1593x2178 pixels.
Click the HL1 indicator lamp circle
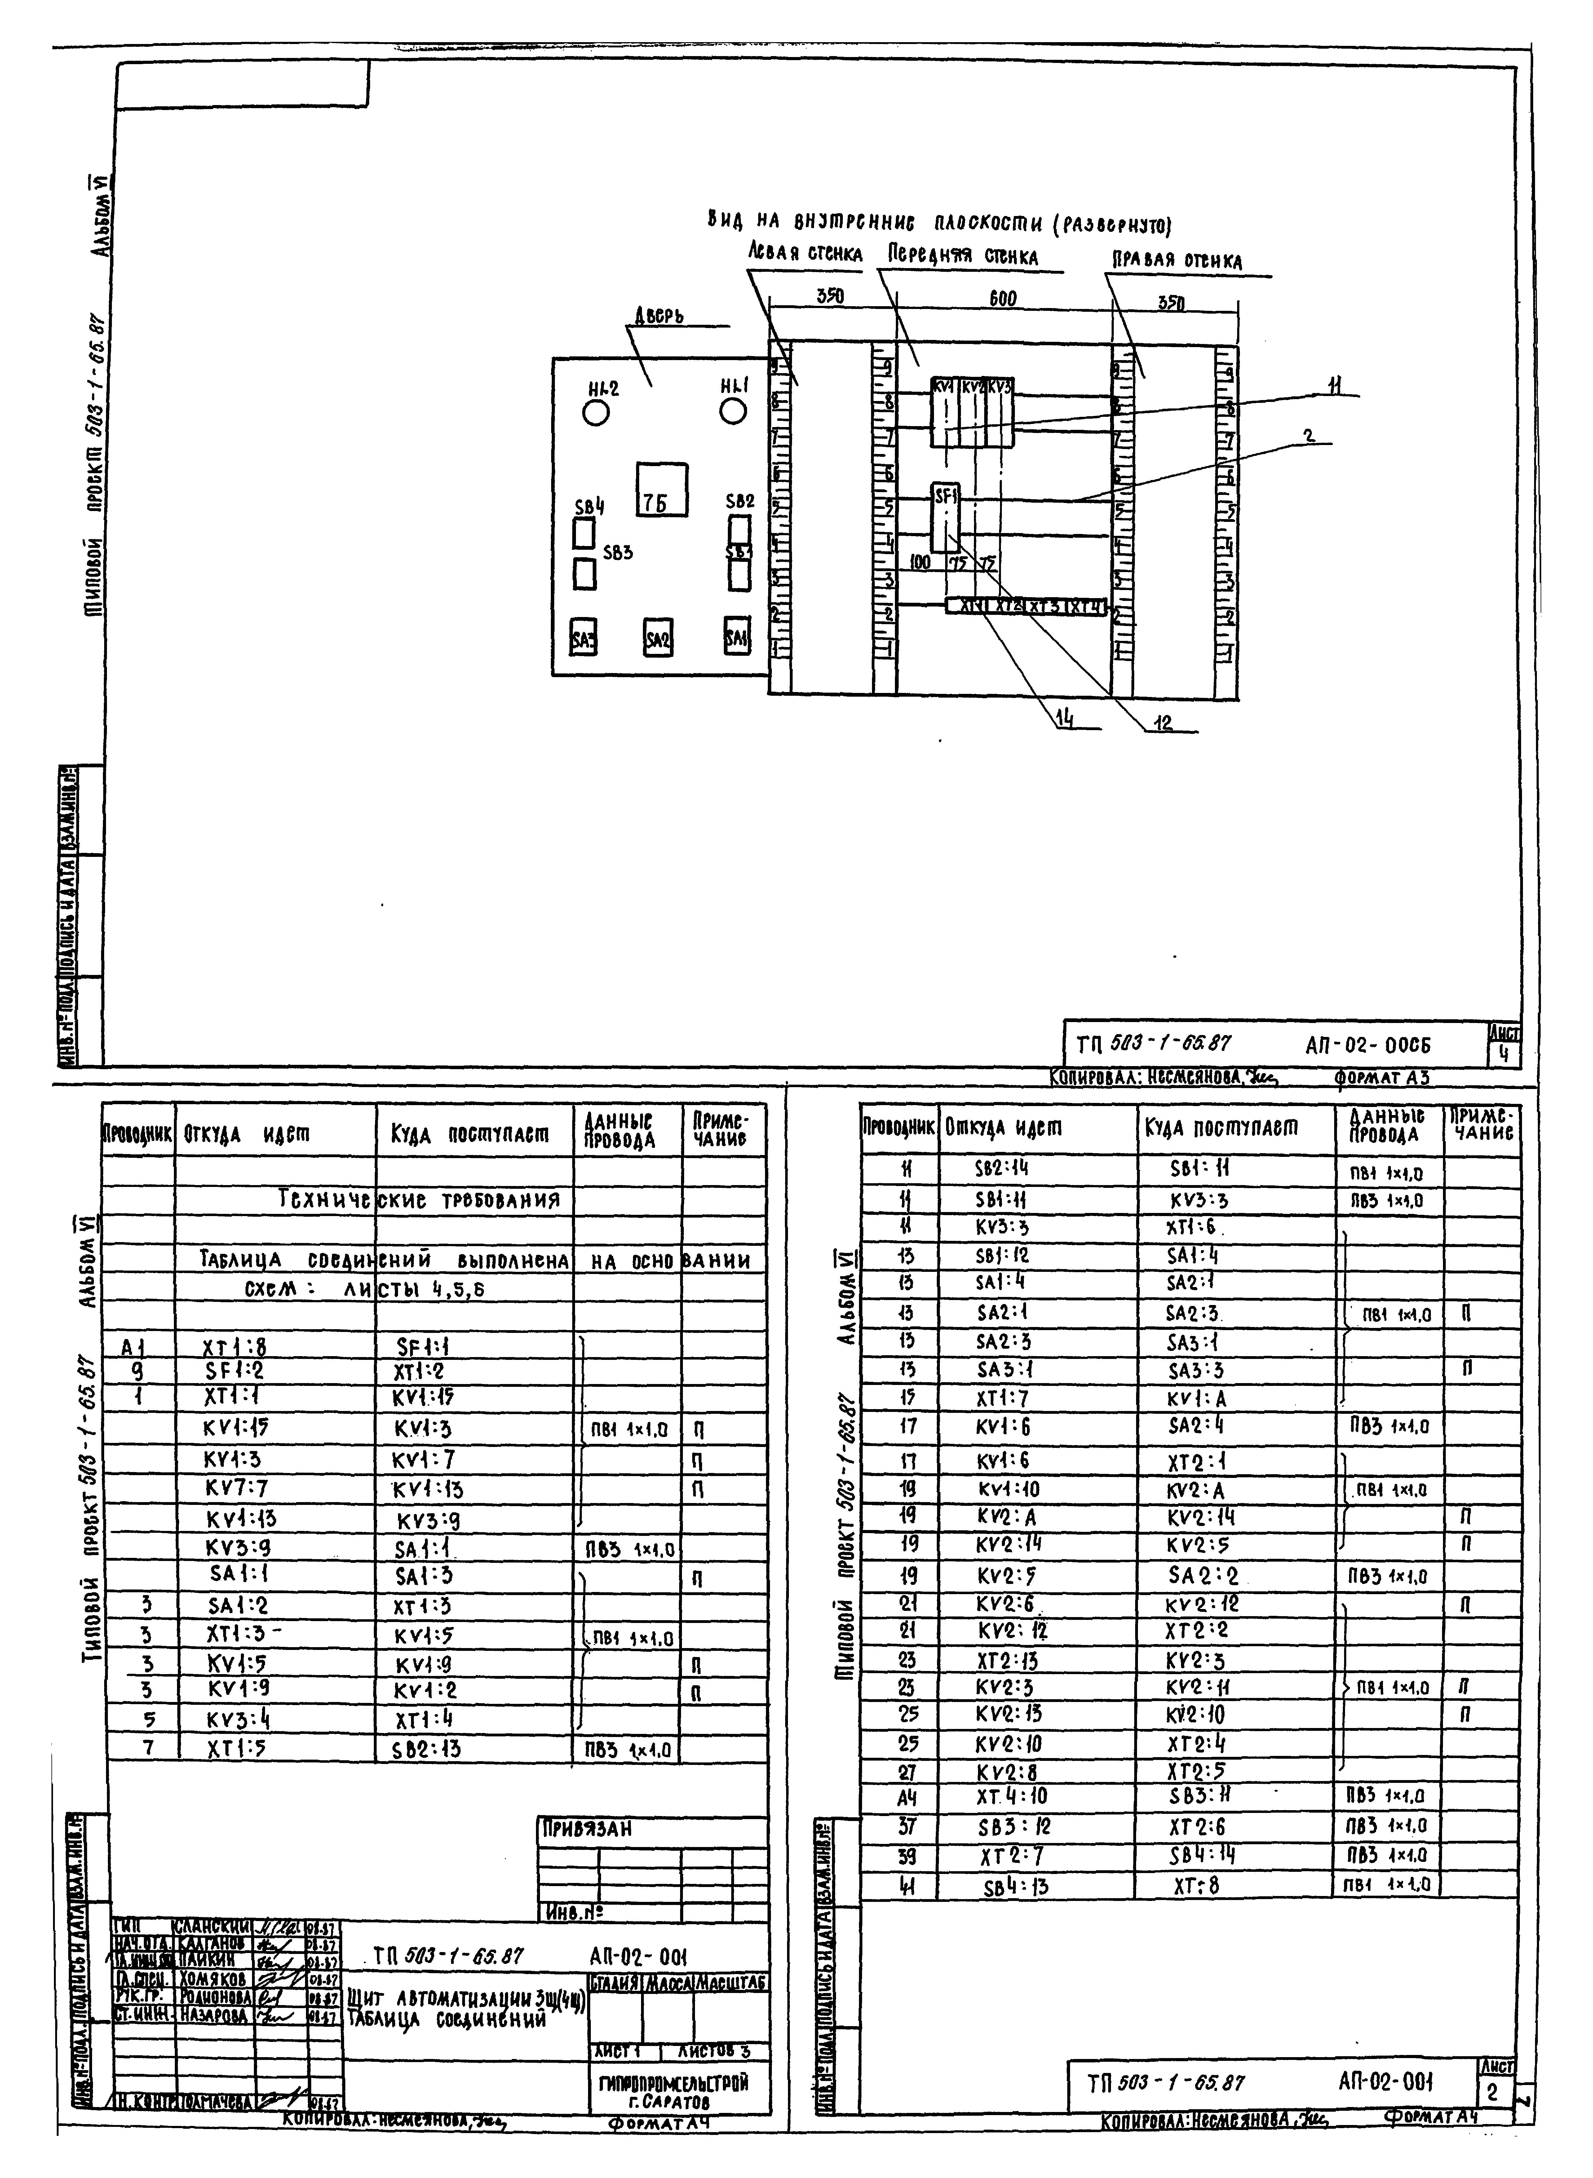(733, 412)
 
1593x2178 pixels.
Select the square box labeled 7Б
(662, 490)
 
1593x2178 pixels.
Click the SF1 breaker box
(945, 516)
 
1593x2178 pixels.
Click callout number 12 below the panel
(1165, 723)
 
